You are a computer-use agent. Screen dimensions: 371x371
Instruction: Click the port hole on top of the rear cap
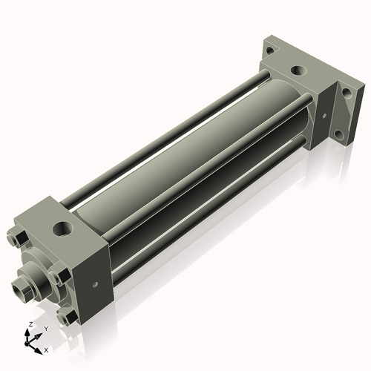click(x=298, y=71)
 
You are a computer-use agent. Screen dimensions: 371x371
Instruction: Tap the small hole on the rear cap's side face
click(x=324, y=115)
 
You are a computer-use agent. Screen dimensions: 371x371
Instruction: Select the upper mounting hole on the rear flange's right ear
click(x=346, y=94)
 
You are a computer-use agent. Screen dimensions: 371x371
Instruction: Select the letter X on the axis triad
click(x=47, y=349)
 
